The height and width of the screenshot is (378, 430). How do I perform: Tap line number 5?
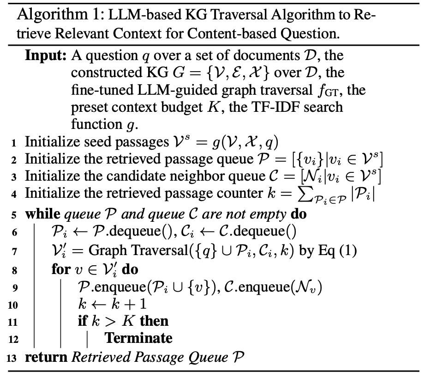[14, 215]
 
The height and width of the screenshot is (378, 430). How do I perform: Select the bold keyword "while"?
[42, 214]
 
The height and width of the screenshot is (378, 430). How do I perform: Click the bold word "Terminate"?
[138, 338]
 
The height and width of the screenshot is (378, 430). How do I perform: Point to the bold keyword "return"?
[45, 357]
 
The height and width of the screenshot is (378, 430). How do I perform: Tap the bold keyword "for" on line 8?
[60, 269]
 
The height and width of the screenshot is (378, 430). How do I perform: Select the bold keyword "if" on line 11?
[83, 321]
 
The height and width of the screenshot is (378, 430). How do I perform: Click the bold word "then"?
[154, 321]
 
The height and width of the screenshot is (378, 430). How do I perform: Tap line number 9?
[14, 288]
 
